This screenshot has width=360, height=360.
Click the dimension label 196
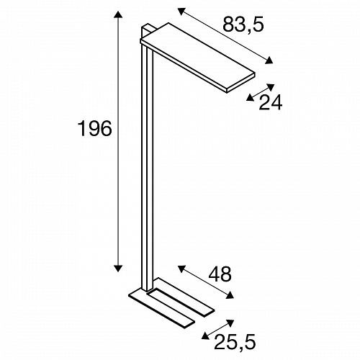(95, 129)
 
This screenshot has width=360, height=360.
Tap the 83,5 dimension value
(243, 24)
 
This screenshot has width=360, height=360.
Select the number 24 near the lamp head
(271, 102)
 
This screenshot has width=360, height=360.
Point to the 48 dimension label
(220, 274)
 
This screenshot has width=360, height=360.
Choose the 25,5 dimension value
(235, 342)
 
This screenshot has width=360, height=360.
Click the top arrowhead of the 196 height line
(118, 14)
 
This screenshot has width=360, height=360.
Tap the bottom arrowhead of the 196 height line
(118, 269)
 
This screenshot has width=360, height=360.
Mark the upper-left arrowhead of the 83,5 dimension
(182, 12)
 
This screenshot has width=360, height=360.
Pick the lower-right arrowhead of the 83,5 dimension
(269, 60)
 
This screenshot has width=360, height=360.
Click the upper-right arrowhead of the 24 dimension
(271, 87)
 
